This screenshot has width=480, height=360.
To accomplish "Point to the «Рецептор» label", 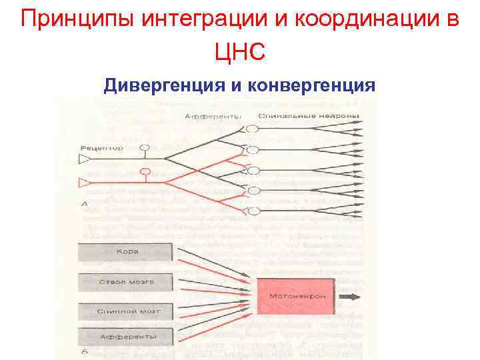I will [x=101, y=147].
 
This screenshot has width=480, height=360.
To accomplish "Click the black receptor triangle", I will [x=85, y=159].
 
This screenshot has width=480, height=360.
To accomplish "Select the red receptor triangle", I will [x=85, y=181].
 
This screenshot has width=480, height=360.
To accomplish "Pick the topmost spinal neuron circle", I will [x=251, y=129].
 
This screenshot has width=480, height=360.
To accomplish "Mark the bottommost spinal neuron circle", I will [x=253, y=211].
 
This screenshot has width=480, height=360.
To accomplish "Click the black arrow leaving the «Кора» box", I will [x=213, y=262].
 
